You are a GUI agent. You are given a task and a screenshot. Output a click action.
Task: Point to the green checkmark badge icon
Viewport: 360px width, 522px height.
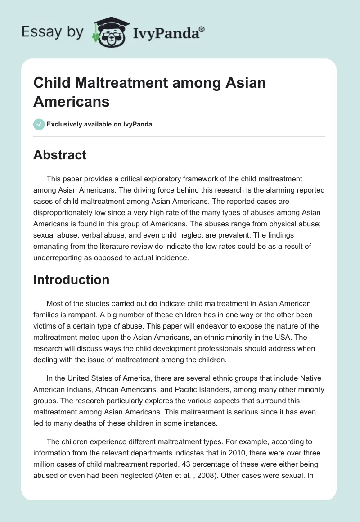[39, 124]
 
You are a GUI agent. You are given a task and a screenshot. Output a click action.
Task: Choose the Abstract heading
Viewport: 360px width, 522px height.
[60, 155]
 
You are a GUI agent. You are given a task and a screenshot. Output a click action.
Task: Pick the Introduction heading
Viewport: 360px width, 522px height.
[71, 279]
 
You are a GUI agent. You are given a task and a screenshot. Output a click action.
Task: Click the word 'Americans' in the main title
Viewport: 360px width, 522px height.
[71, 101]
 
